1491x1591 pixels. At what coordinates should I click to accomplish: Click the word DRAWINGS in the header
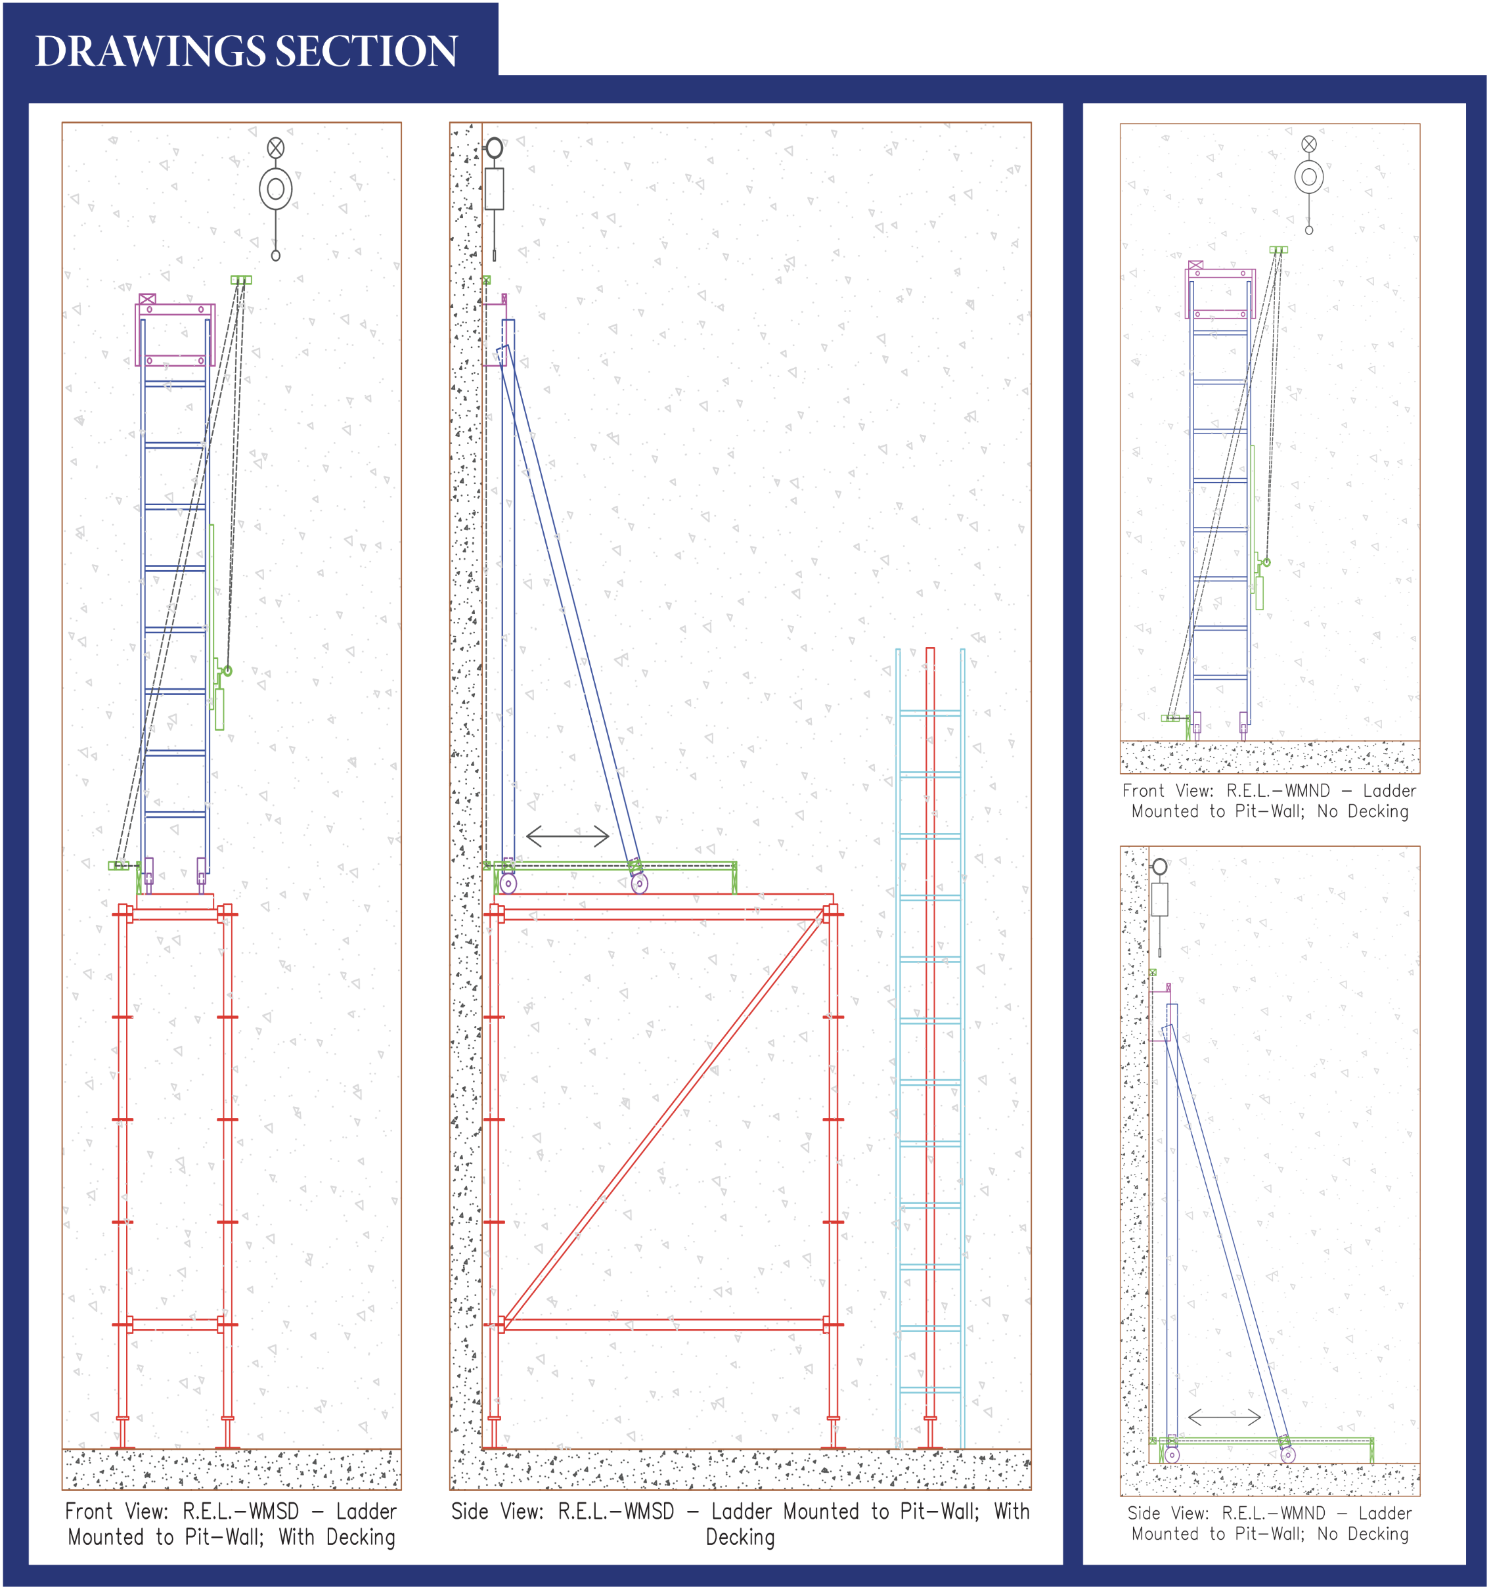click(x=150, y=51)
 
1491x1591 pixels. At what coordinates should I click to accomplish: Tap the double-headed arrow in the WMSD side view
click(x=567, y=836)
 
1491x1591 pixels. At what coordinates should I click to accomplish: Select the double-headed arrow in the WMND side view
click(x=1224, y=1418)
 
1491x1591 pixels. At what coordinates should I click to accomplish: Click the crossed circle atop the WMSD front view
click(x=275, y=147)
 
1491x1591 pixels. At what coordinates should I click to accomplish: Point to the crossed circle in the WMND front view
click(x=1308, y=144)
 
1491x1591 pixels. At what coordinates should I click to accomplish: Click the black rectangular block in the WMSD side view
click(x=494, y=189)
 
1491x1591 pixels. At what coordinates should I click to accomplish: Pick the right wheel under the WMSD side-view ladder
click(x=638, y=884)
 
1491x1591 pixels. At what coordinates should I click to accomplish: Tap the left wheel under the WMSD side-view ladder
click(x=508, y=884)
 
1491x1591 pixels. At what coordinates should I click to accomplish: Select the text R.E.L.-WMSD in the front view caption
click(x=241, y=1512)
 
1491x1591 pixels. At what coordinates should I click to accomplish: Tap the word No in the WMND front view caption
click(x=1327, y=811)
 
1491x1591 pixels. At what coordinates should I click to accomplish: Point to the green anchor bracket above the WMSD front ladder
click(x=241, y=280)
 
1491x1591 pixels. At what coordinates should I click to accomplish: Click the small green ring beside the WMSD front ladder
click(x=228, y=671)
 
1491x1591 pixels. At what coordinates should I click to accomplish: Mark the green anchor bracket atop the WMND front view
click(x=1278, y=250)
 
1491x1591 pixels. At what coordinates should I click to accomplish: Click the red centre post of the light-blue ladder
click(x=930, y=1041)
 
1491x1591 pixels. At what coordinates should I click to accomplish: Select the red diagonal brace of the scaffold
click(x=664, y=1121)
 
